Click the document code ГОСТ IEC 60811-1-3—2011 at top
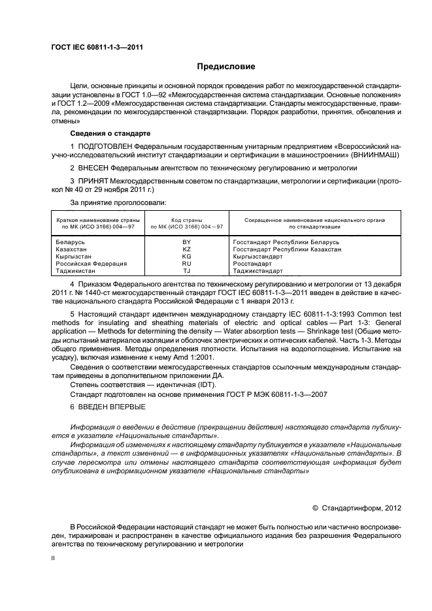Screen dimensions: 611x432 [97, 47]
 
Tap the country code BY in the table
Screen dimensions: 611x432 [186, 242]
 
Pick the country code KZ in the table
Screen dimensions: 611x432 [186, 249]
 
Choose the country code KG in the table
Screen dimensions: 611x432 [186, 257]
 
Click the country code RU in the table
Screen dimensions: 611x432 [186, 264]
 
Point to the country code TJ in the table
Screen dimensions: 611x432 [186, 271]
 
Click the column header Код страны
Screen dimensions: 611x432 [186, 221]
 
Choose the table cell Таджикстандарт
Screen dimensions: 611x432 [258, 271]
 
